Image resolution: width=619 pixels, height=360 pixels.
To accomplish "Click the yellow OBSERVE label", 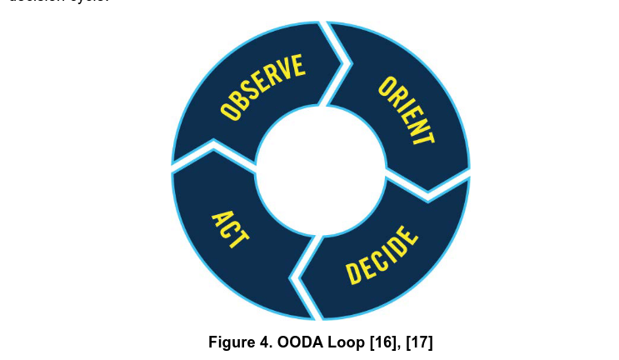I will click(262, 87).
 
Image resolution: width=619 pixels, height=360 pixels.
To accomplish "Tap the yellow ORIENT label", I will click(406, 111).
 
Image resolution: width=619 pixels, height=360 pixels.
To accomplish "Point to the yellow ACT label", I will click(228, 229).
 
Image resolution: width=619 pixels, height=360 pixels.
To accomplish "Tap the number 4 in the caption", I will click(265, 341).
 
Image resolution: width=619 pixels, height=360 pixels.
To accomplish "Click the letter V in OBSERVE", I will click(287, 72).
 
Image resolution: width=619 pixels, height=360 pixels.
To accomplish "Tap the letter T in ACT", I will click(237, 240).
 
